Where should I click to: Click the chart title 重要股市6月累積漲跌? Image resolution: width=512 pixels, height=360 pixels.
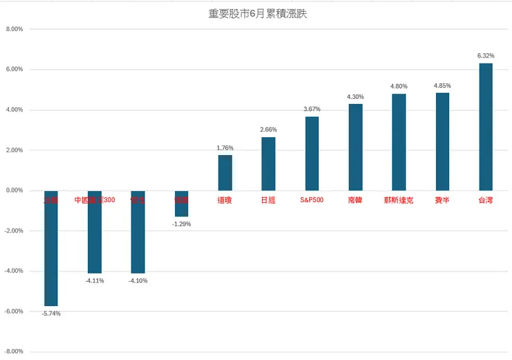click(257, 13)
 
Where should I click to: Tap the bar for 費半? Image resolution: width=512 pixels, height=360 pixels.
click(442, 141)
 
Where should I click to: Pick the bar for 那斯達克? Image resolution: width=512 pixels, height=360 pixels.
click(399, 142)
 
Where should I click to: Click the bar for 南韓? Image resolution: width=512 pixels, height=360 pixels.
click(355, 147)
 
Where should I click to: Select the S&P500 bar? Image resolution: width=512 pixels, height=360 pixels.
click(312, 153)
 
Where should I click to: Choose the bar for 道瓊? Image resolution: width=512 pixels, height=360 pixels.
click(225, 172)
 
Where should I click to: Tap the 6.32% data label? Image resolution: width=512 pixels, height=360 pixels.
click(486, 55)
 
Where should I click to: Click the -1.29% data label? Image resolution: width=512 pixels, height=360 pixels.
click(181, 224)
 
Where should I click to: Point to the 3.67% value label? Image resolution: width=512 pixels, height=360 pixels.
click(312, 109)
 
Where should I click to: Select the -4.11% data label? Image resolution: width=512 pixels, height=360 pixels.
click(95, 280)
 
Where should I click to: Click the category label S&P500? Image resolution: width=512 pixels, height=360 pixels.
click(311, 201)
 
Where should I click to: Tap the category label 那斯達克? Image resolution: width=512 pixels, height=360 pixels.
click(399, 201)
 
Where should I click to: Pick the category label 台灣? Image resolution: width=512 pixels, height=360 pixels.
click(486, 201)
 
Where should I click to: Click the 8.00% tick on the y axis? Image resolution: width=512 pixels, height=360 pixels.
click(14, 29)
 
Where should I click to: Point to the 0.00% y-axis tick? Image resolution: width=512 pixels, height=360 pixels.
click(14, 190)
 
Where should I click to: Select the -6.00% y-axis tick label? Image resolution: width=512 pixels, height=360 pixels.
click(13, 312)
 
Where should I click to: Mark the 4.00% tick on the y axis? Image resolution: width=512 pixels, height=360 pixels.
click(14, 110)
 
